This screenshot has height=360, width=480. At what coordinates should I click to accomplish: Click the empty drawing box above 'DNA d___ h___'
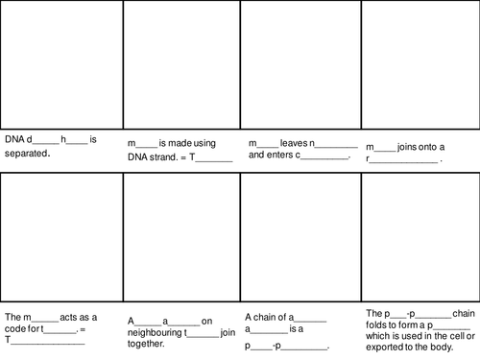[61, 64]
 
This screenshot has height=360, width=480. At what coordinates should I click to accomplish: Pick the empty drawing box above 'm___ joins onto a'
[420, 64]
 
